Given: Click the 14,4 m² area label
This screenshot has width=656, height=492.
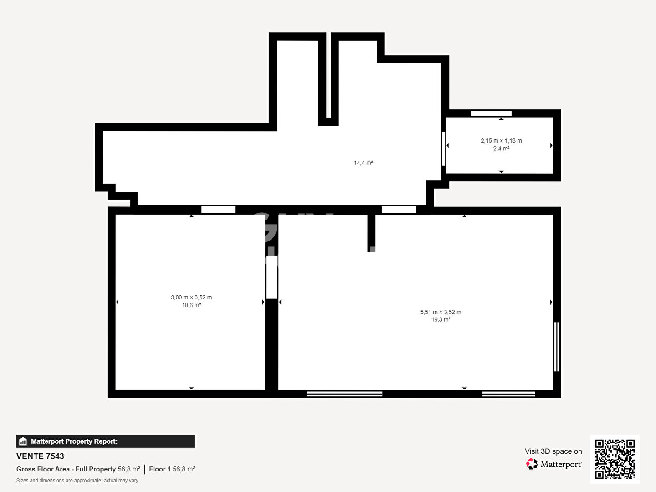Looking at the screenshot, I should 363,163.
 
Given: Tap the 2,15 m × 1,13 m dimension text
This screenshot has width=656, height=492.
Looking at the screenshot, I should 501,141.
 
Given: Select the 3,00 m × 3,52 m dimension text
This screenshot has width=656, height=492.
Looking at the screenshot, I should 191,297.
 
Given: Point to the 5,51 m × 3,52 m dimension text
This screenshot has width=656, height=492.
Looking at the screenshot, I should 441,312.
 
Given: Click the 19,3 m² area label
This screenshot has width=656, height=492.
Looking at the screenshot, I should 441,320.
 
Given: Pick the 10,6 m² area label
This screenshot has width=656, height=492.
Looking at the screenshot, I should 191,305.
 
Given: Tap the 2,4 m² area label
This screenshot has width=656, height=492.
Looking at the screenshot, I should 501,149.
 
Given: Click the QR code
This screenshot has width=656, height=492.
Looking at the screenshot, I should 615,459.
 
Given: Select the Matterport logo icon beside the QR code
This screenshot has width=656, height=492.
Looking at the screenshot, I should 532,464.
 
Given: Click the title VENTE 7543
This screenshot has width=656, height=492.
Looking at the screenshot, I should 40,456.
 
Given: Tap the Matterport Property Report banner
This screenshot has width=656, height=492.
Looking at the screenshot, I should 106,441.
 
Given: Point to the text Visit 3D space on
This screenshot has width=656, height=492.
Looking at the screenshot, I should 553,451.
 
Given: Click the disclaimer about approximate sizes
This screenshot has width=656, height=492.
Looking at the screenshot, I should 77,481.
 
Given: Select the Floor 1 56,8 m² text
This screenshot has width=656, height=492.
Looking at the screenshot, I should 172,469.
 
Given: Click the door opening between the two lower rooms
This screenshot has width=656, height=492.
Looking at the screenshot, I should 272,277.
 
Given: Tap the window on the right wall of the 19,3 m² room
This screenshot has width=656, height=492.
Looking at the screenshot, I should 557,347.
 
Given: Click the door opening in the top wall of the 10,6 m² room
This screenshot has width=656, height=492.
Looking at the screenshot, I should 218,210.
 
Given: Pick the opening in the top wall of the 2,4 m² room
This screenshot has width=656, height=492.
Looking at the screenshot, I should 491,113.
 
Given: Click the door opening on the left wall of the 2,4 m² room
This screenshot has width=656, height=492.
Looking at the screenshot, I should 443,149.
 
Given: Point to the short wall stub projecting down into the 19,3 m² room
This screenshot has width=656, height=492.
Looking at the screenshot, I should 371,232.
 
